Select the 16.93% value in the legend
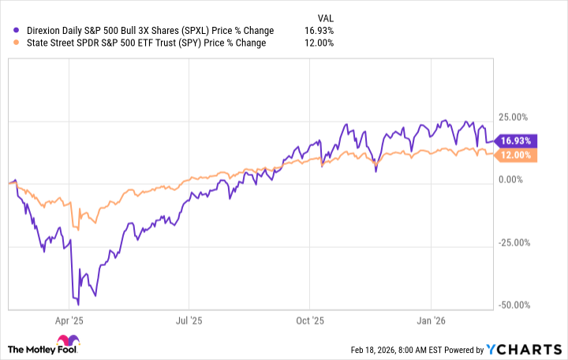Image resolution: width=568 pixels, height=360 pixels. coord(319,31)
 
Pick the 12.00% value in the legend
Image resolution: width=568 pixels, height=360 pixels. coord(319,43)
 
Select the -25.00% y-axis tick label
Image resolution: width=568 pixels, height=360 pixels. coord(518,242)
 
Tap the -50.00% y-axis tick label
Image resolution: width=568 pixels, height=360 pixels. coord(518,305)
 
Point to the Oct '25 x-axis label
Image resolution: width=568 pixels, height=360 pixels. coord(310,321)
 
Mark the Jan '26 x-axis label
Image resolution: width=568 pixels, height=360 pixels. coord(432,321)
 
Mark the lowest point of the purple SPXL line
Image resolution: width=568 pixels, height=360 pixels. coord(78,303)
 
